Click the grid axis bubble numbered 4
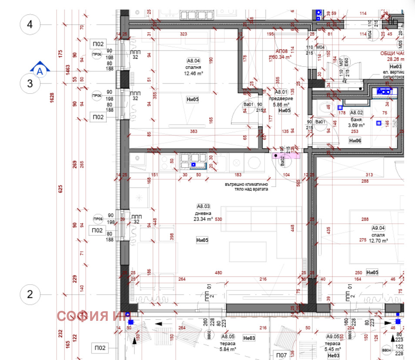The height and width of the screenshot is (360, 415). coord(30,24)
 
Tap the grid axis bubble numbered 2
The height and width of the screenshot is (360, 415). coord(30,294)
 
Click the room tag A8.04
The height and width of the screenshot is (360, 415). coord(193,61)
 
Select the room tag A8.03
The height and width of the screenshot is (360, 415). coord(204,206)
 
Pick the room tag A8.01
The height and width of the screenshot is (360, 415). coord(282,92)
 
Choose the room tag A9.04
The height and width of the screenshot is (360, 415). coord(378,228)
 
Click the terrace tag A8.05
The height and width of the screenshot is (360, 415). coord(228,336)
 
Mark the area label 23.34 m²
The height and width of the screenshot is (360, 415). coord(203,219)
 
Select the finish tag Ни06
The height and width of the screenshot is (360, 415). coord(355,140)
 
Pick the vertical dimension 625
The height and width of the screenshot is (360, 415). coord(61,188)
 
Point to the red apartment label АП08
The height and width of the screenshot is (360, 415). coord(281,51)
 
